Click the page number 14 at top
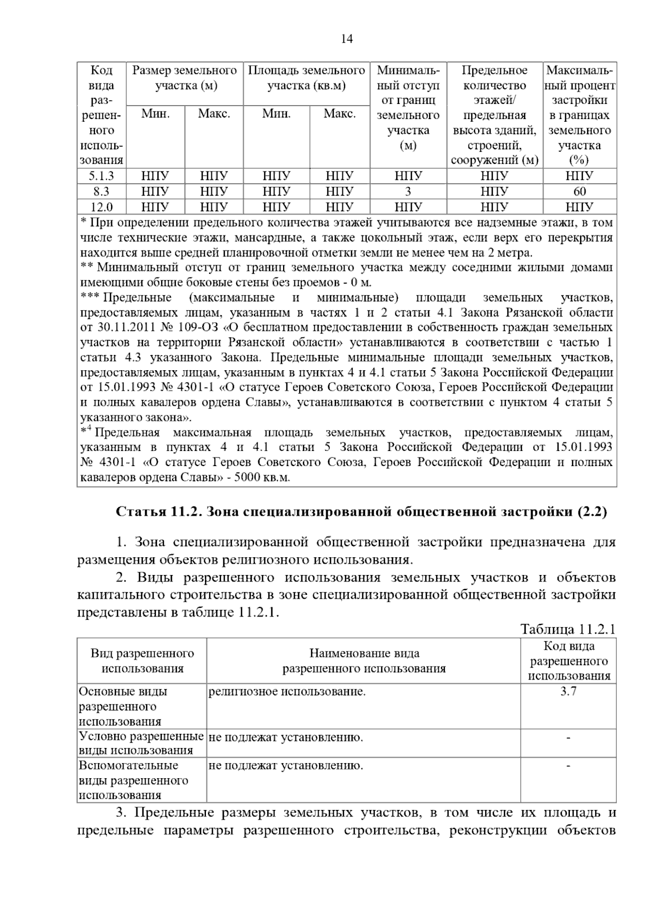click(347, 39)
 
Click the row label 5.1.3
click(101, 176)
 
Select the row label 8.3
click(101, 191)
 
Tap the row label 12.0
click(101, 207)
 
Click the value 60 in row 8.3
click(580, 191)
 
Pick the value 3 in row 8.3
click(408, 191)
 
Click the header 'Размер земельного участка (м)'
click(185, 78)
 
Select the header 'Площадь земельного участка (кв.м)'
click(306, 78)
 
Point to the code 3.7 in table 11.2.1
click(568, 692)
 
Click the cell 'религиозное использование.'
click(287, 692)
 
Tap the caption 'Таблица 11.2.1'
click(568, 629)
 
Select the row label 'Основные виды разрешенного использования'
click(123, 706)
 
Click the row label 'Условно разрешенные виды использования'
click(141, 744)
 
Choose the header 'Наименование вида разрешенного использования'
click(364, 661)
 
